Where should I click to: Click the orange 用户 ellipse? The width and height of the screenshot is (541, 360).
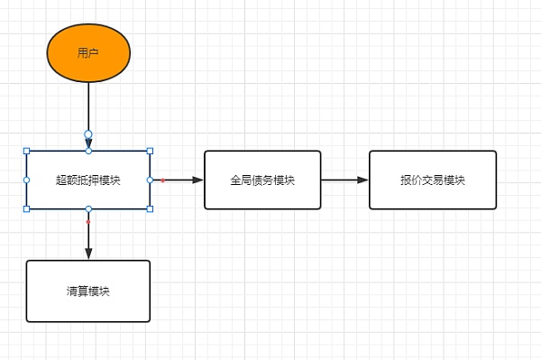(x=88, y=52)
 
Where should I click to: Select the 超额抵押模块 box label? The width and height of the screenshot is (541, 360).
(x=88, y=180)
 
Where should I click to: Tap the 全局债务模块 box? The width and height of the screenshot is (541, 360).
(x=262, y=180)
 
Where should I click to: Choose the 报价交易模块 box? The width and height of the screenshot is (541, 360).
(x=433, y=180)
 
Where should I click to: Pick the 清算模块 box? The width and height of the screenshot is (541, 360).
(x=88, y=291)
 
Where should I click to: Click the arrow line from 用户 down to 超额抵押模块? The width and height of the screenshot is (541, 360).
(x=88, y=106)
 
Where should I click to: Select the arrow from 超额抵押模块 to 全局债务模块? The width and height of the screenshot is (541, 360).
(x=180, y=180)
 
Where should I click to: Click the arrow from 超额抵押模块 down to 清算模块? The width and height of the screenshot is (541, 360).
(x=88, y=236)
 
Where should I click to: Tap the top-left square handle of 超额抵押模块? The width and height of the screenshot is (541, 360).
(x=26, y=151)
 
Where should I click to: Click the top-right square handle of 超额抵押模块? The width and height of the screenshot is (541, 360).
(x=150, y=151)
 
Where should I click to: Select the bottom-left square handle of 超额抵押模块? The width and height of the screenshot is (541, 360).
(x=26, y=208)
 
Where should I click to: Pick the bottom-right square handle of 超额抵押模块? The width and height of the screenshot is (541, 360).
(x=150, y=208)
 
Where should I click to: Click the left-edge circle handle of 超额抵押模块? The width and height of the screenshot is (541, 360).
(x=26, y=180)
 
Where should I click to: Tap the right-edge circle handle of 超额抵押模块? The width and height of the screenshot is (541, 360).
(x=150, y=180)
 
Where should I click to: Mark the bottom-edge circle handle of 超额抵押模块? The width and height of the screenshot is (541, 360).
(x=88, y=208)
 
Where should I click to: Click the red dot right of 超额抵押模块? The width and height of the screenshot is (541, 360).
(x=162, y=180)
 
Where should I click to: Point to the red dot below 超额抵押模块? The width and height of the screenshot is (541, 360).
(x=88, y=221)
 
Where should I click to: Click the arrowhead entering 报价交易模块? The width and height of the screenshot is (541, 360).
(x=362, y=180)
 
